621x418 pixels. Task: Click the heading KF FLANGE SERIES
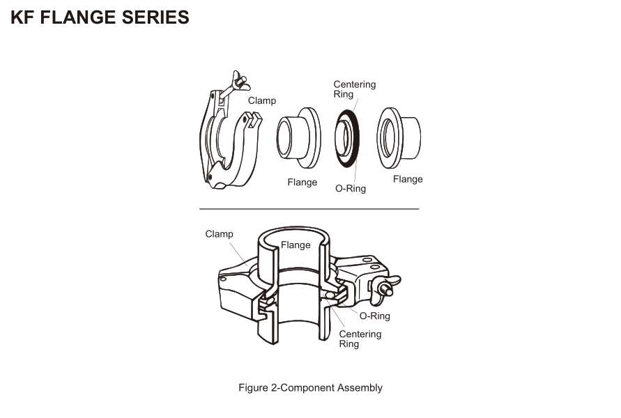(100, 18)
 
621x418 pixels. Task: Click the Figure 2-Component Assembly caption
(310, 387)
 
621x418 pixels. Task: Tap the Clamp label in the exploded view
(261, 101)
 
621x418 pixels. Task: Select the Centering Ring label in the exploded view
(354, 89)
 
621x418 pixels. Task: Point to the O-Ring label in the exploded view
(350, 188)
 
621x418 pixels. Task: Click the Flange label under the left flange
(302, 183)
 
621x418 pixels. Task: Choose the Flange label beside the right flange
(408, 179)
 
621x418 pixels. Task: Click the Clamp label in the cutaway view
(219, 234)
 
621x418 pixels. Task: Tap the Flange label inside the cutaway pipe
(296, 245)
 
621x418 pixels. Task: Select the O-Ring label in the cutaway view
(374, 316)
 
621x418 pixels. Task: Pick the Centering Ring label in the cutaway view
(360, 339)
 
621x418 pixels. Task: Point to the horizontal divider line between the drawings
(309, 209)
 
